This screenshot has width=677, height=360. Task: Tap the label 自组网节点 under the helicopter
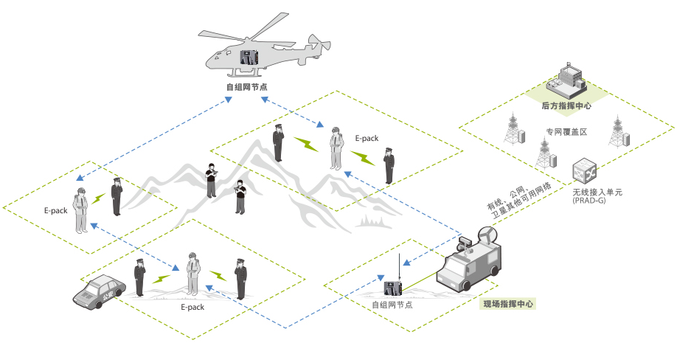point(246,87)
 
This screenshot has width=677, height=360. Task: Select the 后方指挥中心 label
point(566,105)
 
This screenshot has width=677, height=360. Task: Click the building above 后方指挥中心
point(566,82)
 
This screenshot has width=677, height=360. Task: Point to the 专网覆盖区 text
point(566,132)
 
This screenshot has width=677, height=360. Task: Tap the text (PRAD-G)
point(589,201)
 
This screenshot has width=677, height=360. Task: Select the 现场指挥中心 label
point(507,304)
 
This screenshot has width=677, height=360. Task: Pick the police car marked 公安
point(100,291)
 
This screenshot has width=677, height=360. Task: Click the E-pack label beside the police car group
point(192,308)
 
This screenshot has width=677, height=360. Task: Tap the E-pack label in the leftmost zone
point(56,211)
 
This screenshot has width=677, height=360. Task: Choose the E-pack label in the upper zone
point(367,138)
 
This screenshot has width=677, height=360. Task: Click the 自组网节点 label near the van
point(392,305)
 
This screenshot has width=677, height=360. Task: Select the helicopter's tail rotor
point(319,44)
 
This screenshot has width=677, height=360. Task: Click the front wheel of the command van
point(466,285)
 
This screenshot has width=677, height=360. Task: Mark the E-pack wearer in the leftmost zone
point(81,211)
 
